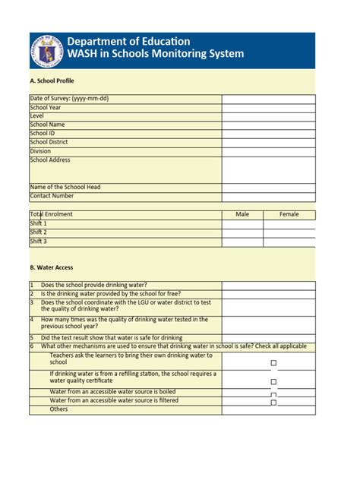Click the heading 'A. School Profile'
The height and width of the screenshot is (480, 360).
tap(52, 81)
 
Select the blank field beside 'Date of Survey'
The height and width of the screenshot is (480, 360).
tap(268, 99)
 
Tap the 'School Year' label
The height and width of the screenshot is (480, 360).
tap(46, 108)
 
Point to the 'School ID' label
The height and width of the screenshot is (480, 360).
tap(43, 133)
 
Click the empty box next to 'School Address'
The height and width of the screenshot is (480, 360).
tap(268, 169)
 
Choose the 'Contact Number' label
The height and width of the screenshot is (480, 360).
tap(52, 195)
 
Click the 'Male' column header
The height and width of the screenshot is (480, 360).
tap(242, 214)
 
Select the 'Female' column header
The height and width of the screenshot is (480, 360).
tap(289, 214)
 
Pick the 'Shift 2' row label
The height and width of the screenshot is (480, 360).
tap(38, 232)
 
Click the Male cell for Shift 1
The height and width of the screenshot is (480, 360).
tap(242, 224)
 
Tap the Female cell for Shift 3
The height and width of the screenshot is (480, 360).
tap(289, 242)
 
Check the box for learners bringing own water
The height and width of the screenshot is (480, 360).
tap(273, 363)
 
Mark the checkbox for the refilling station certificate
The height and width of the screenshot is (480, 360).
tap(273, 381)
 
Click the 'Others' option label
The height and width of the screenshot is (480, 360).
tap(58, 409)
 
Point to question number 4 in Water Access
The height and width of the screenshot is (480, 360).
tap(32, 320)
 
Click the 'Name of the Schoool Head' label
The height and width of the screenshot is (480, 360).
tap(65, 187)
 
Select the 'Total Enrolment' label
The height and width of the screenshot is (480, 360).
tap(51, 214)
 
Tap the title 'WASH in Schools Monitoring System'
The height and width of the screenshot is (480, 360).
tap(156, 54)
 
